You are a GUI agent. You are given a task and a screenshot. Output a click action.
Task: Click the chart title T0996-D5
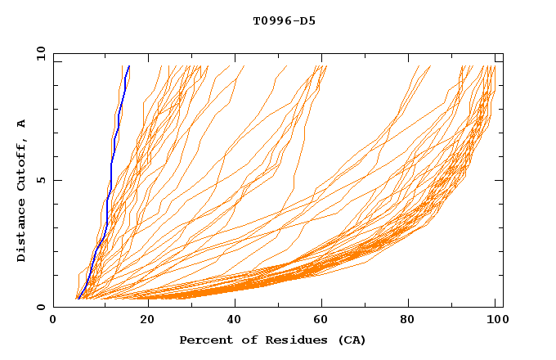284,20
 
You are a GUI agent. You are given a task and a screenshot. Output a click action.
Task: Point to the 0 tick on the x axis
53,320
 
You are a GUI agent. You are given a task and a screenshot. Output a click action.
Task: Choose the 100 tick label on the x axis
495,320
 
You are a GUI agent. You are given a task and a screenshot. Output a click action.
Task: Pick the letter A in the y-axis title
22,124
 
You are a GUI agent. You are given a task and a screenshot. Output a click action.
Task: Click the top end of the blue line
129,65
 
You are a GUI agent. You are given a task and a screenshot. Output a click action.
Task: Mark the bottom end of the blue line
77,299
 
